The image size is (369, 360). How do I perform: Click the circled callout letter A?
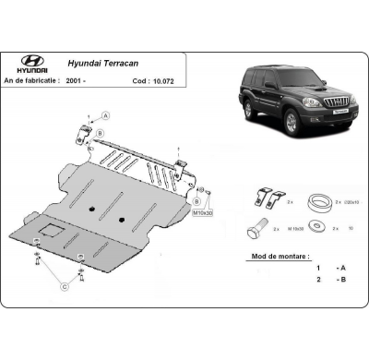(x=105, y=115)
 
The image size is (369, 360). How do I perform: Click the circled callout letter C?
(x=64, y=287)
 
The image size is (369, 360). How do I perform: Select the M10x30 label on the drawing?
(x=202, y=212)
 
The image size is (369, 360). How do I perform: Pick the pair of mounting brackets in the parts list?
(x=266, y=197)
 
